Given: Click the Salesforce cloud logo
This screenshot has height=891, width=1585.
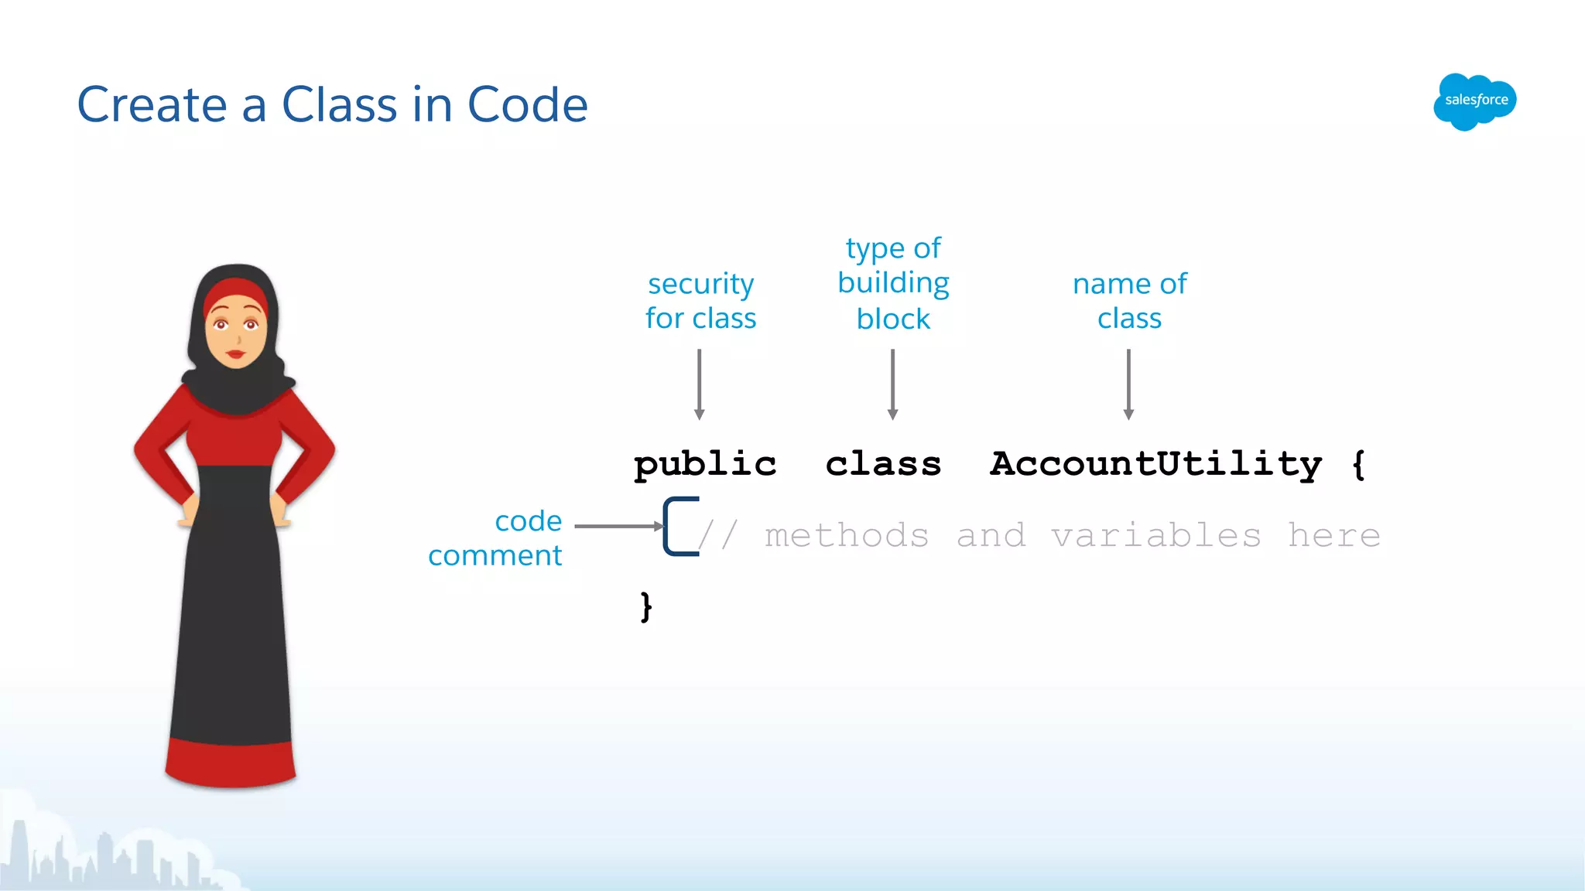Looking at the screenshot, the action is (1474, 101).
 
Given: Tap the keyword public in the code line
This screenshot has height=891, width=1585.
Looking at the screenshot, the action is (704, 465).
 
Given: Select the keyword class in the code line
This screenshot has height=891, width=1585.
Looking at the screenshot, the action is (883, 464).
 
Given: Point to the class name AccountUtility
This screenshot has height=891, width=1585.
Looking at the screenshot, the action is (1155, 464).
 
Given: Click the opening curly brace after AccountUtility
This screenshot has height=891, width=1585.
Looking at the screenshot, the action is (1358, 464).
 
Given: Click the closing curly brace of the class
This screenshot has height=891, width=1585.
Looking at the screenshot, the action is (646, 606).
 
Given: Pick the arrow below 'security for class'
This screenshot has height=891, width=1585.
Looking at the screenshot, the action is (699, 384).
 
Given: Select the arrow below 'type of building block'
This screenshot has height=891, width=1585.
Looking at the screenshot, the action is (892, 384).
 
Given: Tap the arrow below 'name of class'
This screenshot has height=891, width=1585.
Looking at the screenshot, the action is (1128, 384).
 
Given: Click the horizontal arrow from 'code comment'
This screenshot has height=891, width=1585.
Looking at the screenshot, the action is (618, 526).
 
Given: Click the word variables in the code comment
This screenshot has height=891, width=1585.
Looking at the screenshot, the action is (1155, 535).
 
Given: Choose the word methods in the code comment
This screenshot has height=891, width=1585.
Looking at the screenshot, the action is (847, 535).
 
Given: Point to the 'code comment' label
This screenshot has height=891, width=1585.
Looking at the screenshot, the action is (496, 538).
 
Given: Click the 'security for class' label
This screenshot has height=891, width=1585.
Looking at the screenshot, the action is (700, 301).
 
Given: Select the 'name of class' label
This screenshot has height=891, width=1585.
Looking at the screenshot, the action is (1129, 301).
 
